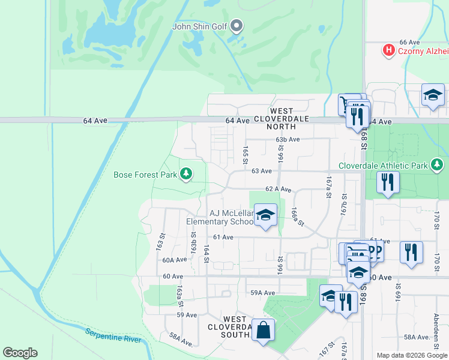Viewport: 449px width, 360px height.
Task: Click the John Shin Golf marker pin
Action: point(237,26)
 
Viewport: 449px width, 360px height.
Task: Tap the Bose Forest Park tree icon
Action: point(187,175)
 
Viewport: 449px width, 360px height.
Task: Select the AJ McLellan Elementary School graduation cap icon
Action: point(265,215)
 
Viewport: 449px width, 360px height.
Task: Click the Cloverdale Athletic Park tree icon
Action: point(438,165)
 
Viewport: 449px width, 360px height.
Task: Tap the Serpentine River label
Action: point(113,336)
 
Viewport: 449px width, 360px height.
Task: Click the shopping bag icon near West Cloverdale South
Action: point(263,330)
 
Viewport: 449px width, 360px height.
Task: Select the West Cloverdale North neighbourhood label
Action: point(282,119)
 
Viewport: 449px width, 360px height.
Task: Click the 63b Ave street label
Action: point(288,139)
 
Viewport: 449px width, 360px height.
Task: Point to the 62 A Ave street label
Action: point(279,190)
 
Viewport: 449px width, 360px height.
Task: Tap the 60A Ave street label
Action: point(175,260)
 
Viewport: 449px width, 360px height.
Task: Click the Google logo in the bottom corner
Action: point(20,353)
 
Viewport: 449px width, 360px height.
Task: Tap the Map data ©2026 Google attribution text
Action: point(412,355)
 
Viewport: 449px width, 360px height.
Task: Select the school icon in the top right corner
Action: point(433,95)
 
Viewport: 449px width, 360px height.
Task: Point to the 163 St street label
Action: point(161,242)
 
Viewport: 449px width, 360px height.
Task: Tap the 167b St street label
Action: point(345,204)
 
